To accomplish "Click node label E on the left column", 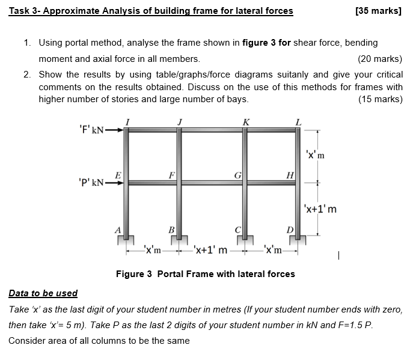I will point(118,174).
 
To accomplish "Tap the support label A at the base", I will point(118,229).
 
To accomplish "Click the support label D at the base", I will point(290,230).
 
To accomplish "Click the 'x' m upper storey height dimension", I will point(315,154).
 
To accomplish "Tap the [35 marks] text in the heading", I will point(378,10).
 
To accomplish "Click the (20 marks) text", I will point(380,59).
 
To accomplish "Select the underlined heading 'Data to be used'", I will point(43,293).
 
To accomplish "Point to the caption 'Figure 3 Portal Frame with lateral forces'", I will point(205,274).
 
